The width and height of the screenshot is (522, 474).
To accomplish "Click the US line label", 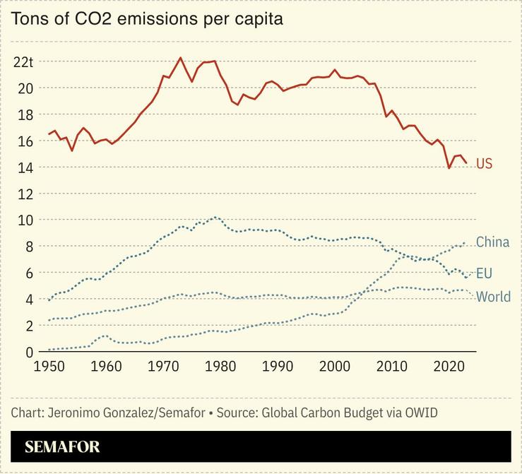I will [x=484, y=164].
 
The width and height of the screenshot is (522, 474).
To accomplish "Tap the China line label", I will [x=492, y=242].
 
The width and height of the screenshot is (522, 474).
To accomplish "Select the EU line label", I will [x=484, y=273].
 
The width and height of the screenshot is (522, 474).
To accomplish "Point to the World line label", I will [x=493, y=297].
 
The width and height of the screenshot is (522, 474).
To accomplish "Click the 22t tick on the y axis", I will [x=23, y=61].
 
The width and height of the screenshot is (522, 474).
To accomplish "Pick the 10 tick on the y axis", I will [x=25, y=220].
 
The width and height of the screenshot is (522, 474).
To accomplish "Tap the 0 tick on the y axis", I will [x=30, y=352].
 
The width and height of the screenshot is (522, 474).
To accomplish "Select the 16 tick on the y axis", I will [x=25, y=141].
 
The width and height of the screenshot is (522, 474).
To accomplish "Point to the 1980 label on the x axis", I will [x=220, y=367].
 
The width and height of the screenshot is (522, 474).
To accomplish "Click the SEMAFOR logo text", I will [x=62, y=446].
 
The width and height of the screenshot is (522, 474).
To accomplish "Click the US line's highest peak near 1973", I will [x=180, y=58].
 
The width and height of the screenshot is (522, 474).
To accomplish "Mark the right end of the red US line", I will [x=466, y=163].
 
